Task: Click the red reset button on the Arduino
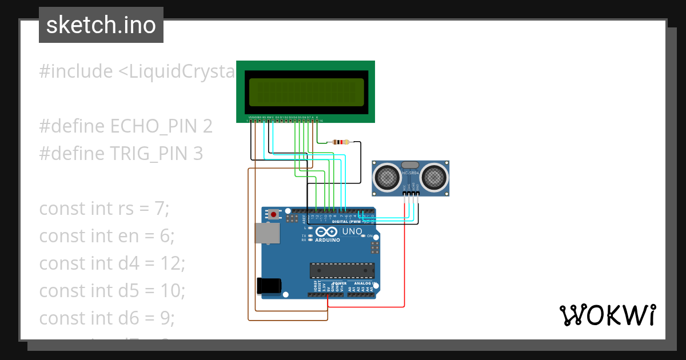[274, 215]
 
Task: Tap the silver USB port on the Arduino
[266, 234]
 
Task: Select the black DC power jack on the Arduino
[269, 285]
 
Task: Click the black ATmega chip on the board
[342, 270]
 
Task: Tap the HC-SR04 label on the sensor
[411, 173]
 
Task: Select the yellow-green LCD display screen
[306, 92]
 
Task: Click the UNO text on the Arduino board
[352, 231]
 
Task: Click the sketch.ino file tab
[101, 25]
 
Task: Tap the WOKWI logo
[607, 315]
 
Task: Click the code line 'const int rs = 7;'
[105, 209]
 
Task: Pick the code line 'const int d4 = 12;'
[112, 263]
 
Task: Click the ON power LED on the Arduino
[370, 236]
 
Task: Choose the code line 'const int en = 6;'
[106, 236]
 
